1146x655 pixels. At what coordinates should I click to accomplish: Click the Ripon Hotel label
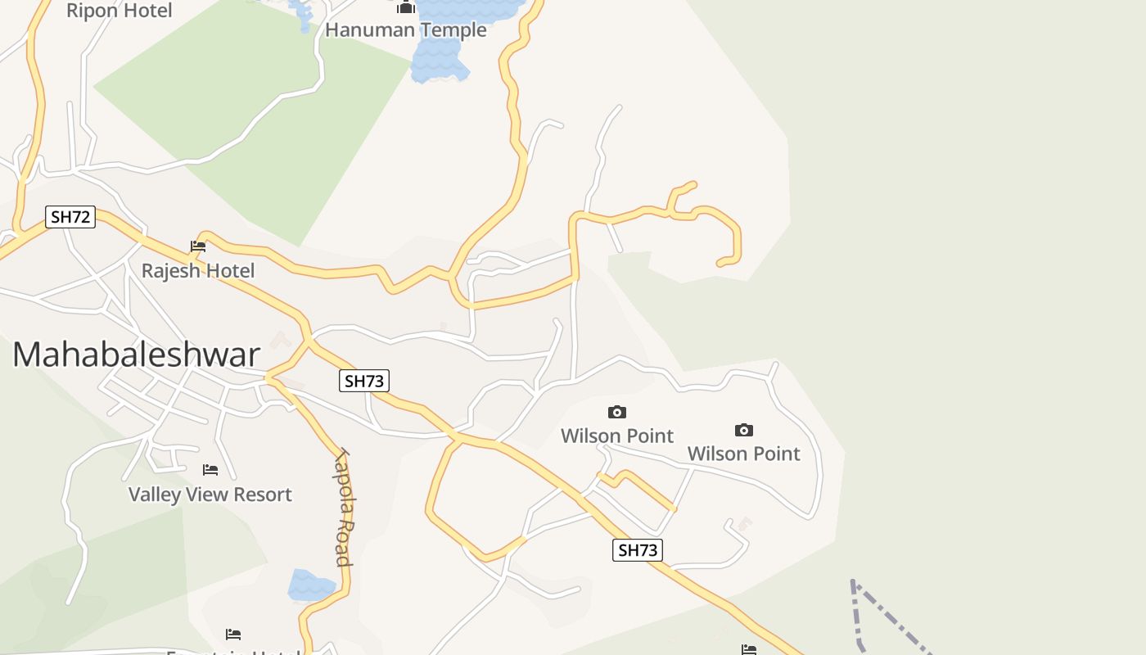pyautogui.click(x=119, y=11)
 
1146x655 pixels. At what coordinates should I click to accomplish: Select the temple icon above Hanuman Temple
pyautogui.click(x=405, y=7)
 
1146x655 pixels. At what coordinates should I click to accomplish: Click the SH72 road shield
pyautogui.click(x=70, y=217)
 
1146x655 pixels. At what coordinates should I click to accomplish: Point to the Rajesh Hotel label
pyautogui.click(x=198, y=270)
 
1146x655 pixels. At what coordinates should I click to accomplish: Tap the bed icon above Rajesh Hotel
pyautogui.click(x=198, y=246)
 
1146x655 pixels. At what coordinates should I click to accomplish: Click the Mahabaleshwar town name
pyautogui.click(x=136, y=355)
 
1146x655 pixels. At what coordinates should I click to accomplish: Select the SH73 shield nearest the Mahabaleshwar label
pyautogui.click(x=364, y=381)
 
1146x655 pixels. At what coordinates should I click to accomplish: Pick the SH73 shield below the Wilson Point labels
pyautogui.click(x=637, y=550)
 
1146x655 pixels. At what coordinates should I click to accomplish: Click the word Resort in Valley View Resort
pyautogui.click(x=262, y=495)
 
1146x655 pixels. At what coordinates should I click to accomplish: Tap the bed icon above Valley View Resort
pyautogui.click(x=210, y=470)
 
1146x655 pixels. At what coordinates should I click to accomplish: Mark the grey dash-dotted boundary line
pyautogui.click(x=857, y=614)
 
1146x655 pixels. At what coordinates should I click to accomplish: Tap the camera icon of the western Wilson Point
pyautogui.click(x=617, y=412)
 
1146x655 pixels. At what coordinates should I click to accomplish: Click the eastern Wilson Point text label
pyautogui.click(x=743, y=454)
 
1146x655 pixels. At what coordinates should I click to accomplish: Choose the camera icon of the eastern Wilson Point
pyautogui.click(x=743, y=430)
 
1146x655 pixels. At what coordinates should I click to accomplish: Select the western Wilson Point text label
pyautogui.click(x=617, y=436)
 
